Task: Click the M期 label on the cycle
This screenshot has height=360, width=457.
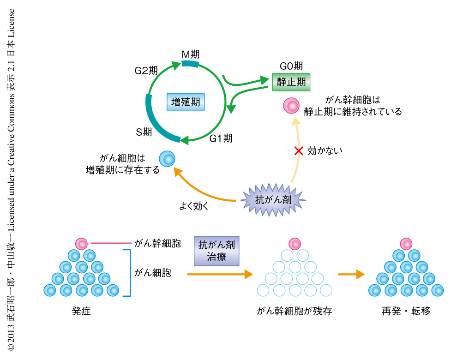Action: point(190,54)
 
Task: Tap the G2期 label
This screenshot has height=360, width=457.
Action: point(146,71)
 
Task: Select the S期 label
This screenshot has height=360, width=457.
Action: point(144,132)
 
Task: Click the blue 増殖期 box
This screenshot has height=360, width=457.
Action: point(185,102)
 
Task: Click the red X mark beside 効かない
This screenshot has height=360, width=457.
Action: point(299,150)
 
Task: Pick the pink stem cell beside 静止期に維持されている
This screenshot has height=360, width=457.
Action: point(291,106)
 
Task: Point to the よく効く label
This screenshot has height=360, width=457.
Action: point(194,206)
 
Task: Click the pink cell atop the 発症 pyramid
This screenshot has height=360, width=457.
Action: point(82,243)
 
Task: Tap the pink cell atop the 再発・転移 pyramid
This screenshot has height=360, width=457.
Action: point(406,243)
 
